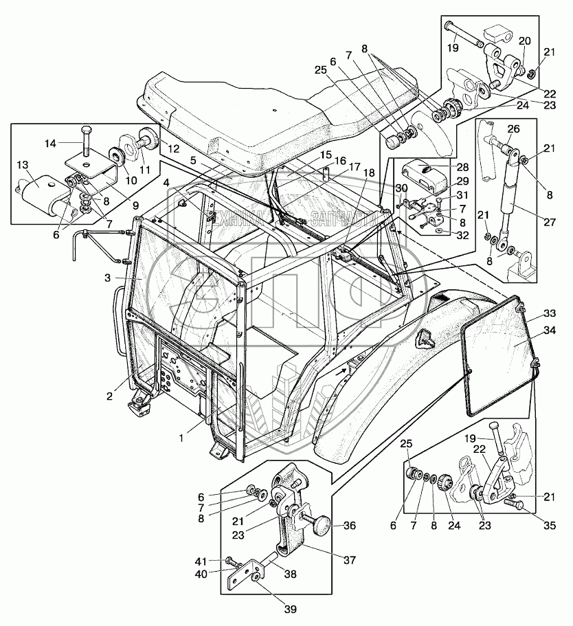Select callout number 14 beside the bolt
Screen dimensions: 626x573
(50, 144)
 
